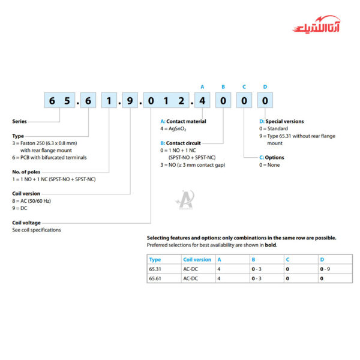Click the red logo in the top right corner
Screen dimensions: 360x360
pos(315,27)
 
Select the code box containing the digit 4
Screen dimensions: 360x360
pos(202,101)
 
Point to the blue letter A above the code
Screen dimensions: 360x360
pos(202,86)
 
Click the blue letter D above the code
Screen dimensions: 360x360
pos(265,86)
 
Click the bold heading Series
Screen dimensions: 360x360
pos(19,121)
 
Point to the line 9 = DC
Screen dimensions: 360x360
pos(21,208)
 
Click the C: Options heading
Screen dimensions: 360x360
pos(272,157)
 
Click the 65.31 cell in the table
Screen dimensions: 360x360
pos(155,269)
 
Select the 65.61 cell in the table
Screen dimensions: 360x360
pos(155,278)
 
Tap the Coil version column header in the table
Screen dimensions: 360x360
pos(197,260)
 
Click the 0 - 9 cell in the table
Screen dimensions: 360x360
pos(326,269)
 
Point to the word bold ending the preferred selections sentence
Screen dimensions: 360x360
pos(270,245)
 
